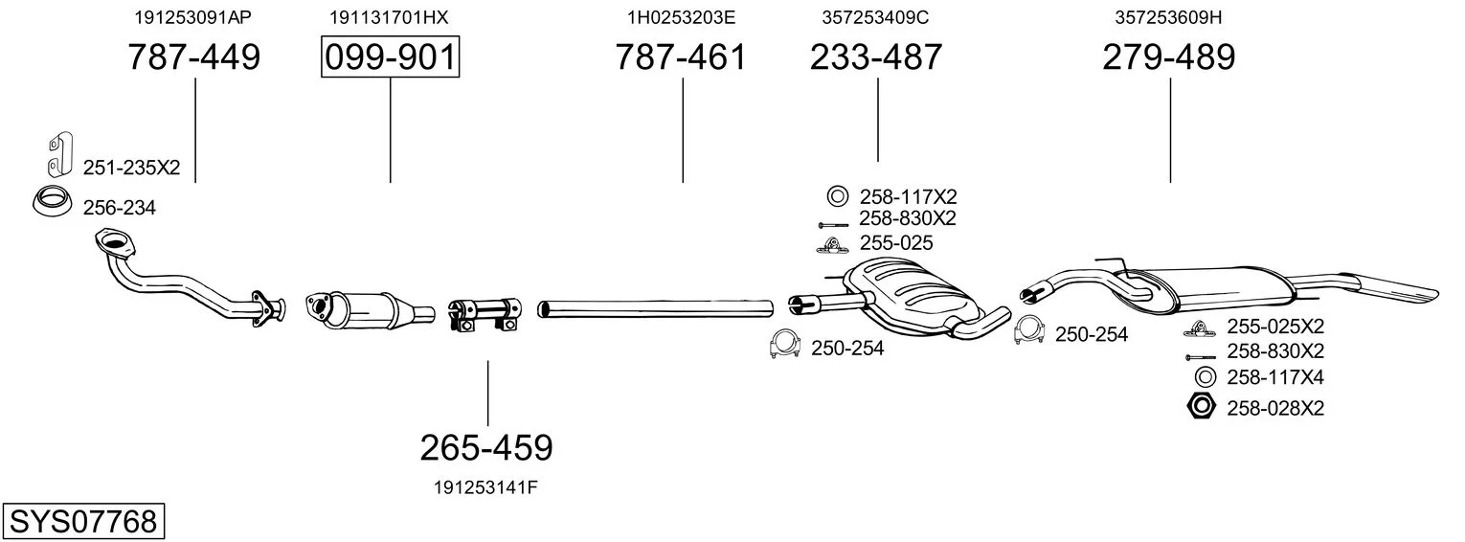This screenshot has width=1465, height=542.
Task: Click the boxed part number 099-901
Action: [391, 56]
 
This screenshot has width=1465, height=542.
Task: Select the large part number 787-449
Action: [194, 56]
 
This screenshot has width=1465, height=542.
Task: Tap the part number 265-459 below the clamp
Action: [486, 448]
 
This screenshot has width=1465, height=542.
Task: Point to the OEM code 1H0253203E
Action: [682, 17]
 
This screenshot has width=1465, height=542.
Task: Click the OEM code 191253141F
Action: [485, 487]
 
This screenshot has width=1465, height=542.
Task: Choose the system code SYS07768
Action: [83, 522]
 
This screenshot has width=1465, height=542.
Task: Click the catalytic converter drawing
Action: [370, 308]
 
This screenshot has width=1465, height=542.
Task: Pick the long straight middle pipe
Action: [655, 308]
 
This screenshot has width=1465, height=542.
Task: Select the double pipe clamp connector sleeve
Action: [485, 314]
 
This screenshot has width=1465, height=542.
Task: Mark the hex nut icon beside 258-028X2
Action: [1201, 407]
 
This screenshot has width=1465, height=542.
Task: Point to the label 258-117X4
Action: [1275, 377]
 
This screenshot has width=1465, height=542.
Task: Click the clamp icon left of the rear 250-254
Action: [1028, 330]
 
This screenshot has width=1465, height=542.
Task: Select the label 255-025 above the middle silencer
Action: [896, 243]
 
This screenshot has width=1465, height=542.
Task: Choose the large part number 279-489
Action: [1169, 56]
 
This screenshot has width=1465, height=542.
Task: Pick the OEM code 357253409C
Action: [875, 17]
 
